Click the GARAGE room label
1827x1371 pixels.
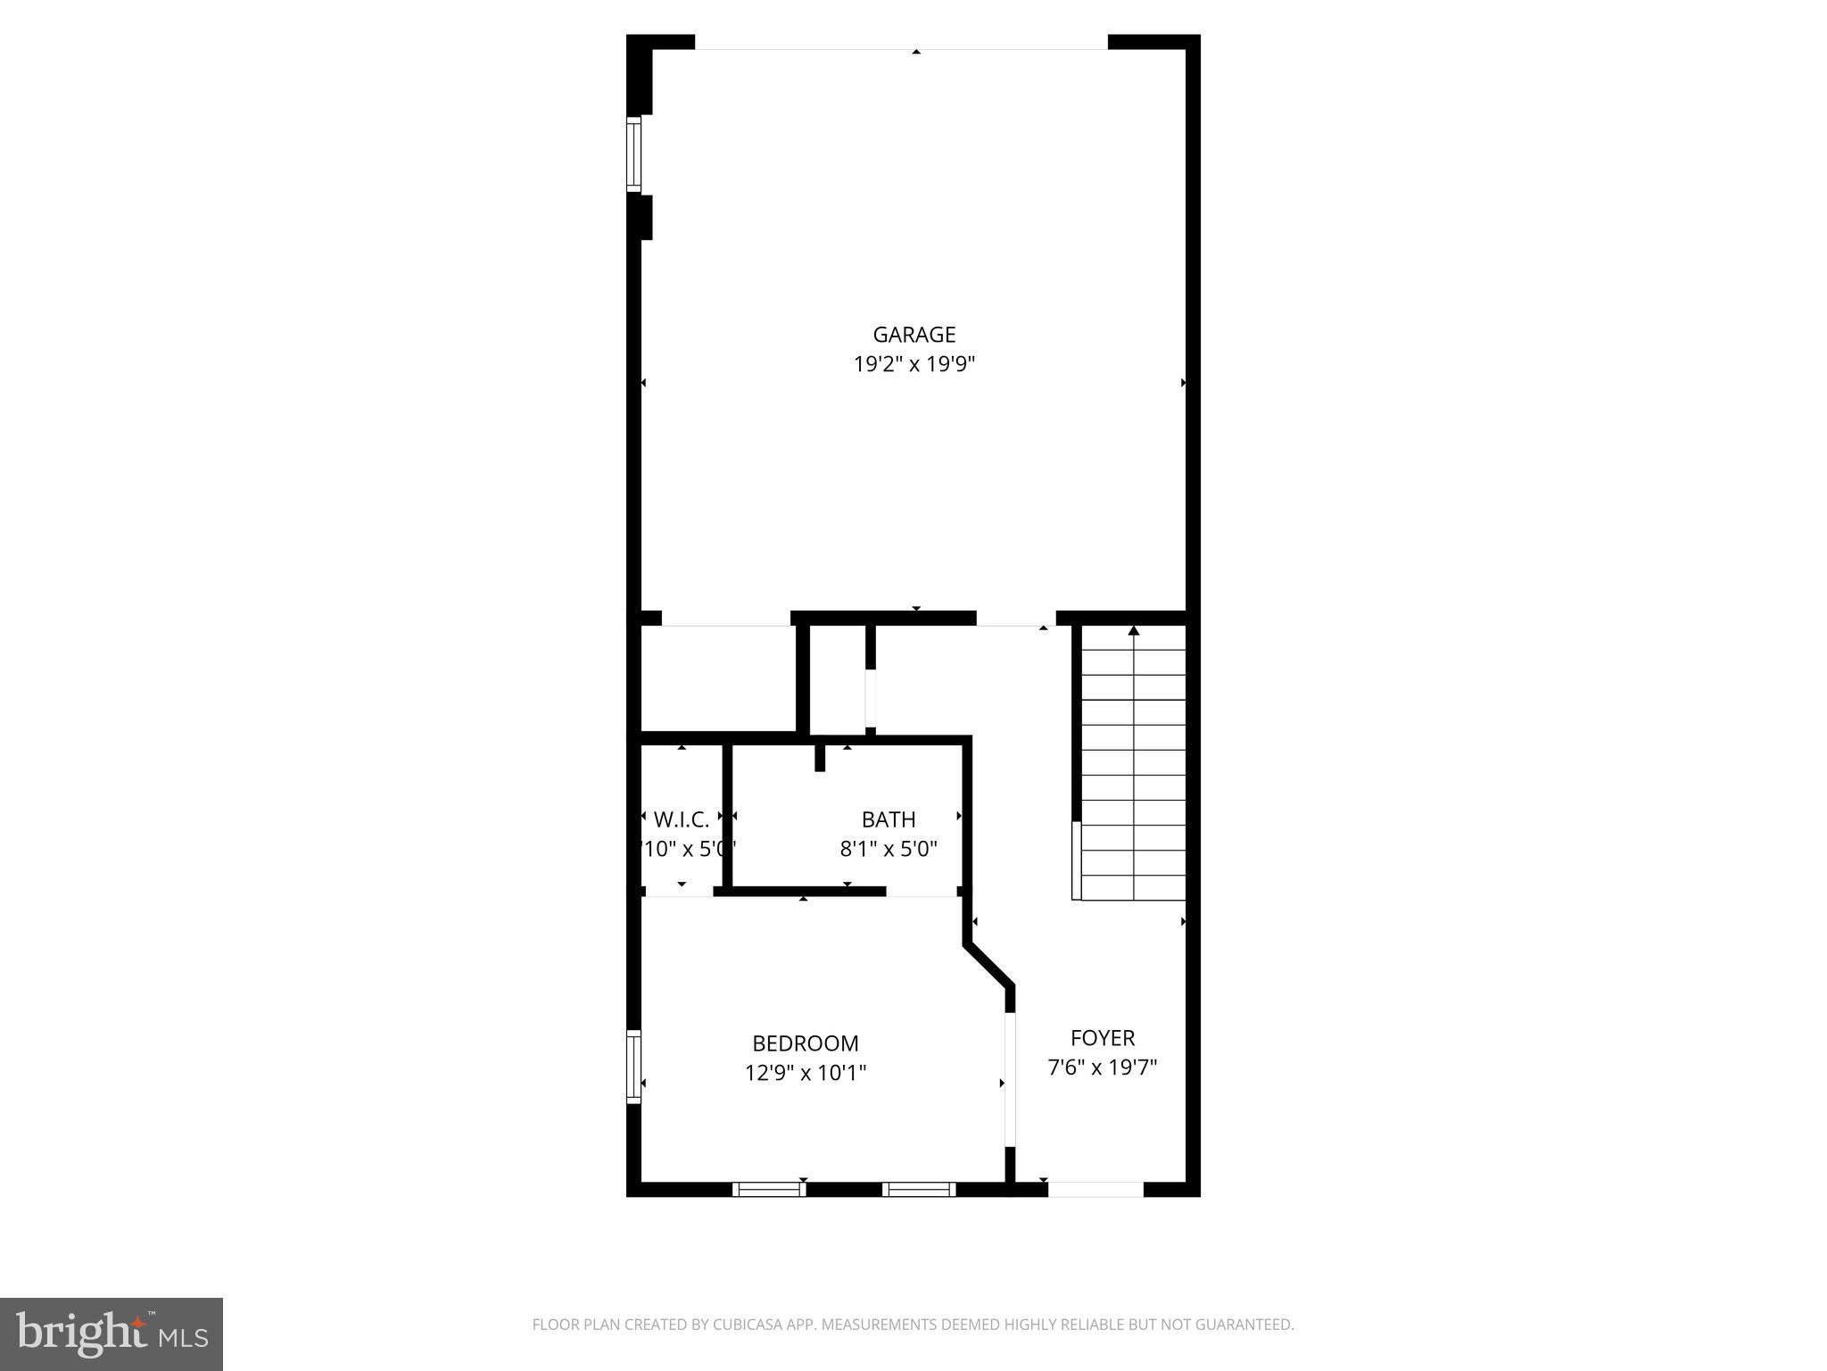tap(913, 335)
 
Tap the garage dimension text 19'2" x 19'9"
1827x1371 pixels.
tap(913, 364)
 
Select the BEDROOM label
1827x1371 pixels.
tap(805, 1043)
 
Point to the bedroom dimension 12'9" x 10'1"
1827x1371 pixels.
tap(805, 1073)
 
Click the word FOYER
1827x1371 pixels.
tap(1103, 1038)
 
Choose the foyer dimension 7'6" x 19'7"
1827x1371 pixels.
tap(1103, 1068)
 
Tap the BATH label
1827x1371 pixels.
tap(889, 819)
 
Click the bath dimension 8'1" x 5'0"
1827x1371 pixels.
tap(889, 849)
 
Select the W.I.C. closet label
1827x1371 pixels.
tap(682, 819)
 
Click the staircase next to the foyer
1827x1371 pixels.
tap(1133, 763)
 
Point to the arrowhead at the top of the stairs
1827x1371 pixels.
tap(1134, 631)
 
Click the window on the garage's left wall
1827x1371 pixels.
tap(633, 154)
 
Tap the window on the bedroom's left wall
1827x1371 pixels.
tap(633, 1067)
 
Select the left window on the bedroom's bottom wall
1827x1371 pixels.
tap(768, 1189)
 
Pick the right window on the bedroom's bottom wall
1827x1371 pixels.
tap(919, 1189)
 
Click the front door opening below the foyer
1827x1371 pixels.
tap(1095, 1189)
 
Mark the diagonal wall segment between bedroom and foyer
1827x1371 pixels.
tap(989, 965)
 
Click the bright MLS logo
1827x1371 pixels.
tap(111, 1334)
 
